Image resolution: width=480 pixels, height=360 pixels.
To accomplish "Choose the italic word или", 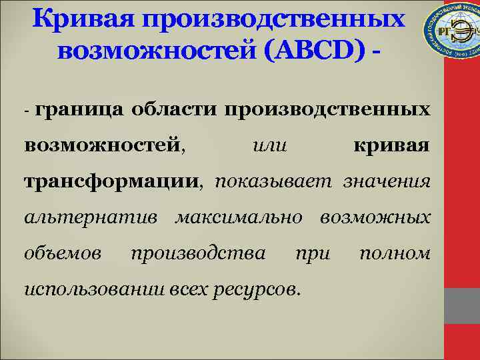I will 271,145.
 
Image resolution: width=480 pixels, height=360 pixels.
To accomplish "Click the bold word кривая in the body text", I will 391,145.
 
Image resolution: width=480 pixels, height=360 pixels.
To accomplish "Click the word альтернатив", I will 91,217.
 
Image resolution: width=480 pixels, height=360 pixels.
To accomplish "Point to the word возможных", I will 375,217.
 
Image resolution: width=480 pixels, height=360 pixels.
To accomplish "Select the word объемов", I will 63,253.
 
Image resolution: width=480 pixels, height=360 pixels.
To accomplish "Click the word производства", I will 198,253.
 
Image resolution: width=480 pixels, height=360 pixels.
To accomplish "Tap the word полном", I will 394,253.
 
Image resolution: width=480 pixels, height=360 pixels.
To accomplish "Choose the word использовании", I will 86,289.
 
